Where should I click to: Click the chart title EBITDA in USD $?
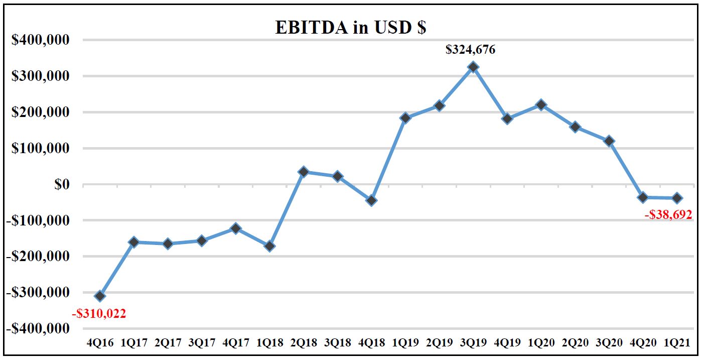[x=350, y=27]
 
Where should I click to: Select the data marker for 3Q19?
[x=473, y=67]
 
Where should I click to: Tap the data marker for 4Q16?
[x=100, y=296]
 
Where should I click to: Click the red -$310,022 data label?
[x=99, y=314]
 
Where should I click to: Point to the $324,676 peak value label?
[x=471, y=49]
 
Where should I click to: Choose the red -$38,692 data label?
[x=668, y=215]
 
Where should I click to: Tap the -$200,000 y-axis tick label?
[x=38, y=257]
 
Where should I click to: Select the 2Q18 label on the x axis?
[x=304, y=343]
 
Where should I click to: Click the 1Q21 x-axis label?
[x=676, y=343]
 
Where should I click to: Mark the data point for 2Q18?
[x=304, y=172]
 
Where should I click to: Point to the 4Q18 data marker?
[x=371, y=200]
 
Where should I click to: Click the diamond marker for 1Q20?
[x=541, y=104]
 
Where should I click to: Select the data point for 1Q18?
[x=269, y=246]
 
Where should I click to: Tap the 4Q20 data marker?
[x=643, y=197]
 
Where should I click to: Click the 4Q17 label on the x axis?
[x=236, y=343]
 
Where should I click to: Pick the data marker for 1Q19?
[x=405, y=118]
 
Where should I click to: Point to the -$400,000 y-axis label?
[x=38, y=329]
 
